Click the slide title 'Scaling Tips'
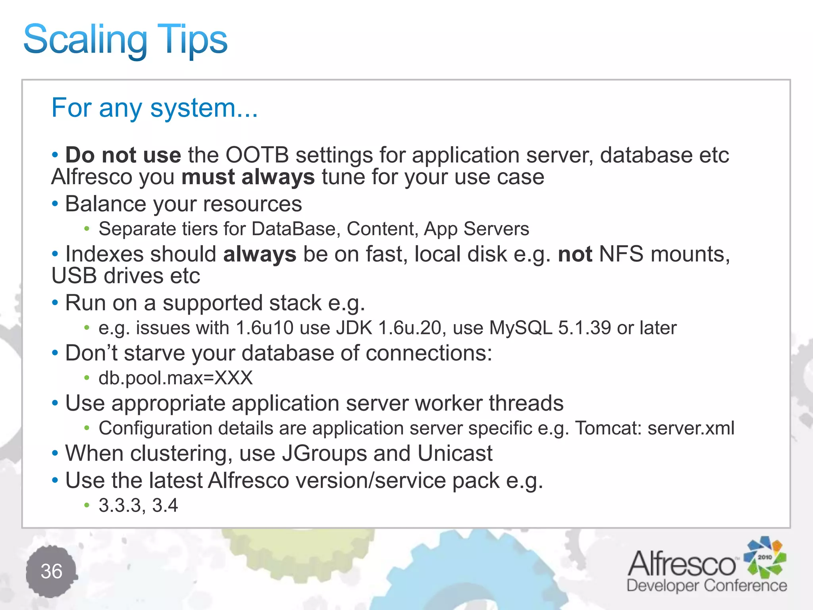[125, 40]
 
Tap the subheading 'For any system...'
[154, 108]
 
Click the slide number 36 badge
[52, 571]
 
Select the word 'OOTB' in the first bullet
[257, 155]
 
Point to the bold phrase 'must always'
[248, 177]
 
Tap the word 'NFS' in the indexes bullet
[621, 254]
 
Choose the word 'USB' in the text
[74, 276]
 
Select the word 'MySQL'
[520, 328]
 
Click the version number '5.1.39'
[584, 328]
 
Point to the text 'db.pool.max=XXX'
[175, 378]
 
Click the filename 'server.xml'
[691, 428]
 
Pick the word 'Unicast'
[455, 454]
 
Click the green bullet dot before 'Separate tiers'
[87, 229]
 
